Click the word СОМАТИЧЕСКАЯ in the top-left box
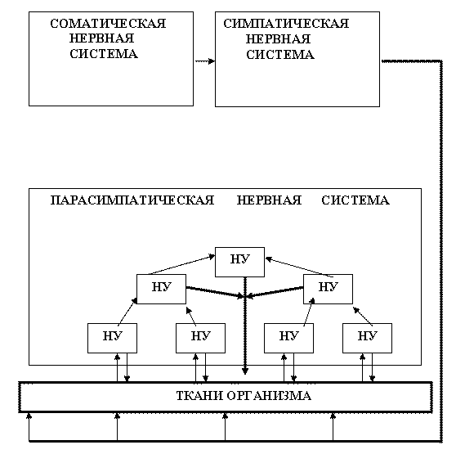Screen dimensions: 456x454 click(108, 24)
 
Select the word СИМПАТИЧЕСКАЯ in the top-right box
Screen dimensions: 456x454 click(286, 24)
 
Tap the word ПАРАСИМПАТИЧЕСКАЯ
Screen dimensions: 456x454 click(132, 200)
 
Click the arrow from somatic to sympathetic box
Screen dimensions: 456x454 click(205, 61)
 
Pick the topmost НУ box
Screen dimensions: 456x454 click(239, 262)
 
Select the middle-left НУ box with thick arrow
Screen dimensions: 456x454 click(161, 289)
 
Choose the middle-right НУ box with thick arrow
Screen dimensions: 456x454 click(328, 289)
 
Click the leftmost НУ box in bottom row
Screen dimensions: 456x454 click(112, 338)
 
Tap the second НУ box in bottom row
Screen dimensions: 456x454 click(200, 338)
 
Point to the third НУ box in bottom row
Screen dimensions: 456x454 click(288, 338)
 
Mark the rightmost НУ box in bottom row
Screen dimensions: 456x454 click(367, 338)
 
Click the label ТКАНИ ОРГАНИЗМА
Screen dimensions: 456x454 click(244, 396)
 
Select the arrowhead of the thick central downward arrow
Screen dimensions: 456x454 click(245, 371)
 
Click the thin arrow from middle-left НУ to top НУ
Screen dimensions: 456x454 click(181, 265)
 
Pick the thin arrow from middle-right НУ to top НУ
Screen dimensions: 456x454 click(299, 267)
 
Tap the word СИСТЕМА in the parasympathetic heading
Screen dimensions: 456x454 click(355, 200)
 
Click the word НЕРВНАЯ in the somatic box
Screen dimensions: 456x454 click(102, 38)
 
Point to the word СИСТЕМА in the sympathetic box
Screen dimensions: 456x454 click(280, 55)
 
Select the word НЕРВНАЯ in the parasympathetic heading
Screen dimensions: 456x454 click(269, 200)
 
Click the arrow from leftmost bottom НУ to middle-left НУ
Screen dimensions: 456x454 click(127, 312)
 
